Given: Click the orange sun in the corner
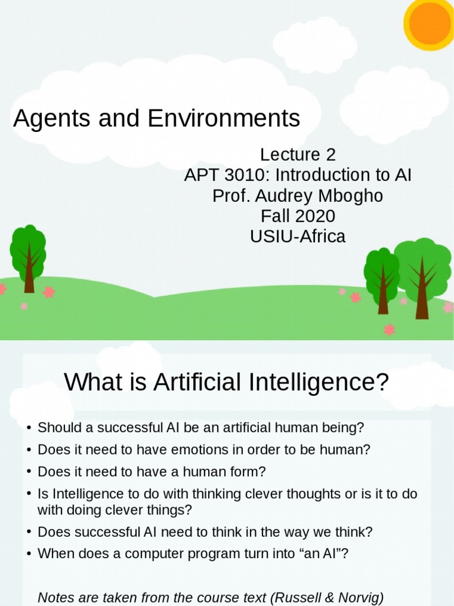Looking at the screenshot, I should pyautogui.click(x=430, y=22).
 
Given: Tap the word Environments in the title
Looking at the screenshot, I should pyautogui.click(x=224, y=118).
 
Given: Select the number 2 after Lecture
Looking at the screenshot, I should pyautogui.click(x=330, y=155).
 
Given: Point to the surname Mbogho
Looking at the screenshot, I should pyautogui.click(x=356, y=196).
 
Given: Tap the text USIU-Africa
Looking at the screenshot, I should pyautogui.click(x=297, y=236).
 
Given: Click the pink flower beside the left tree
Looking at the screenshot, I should pyautogui.click(x=49, y=292).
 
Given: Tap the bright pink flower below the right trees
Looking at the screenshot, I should pyautogui.click(x=389, y=329).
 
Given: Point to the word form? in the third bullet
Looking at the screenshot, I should pyautogui.click(x=248, y=472).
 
